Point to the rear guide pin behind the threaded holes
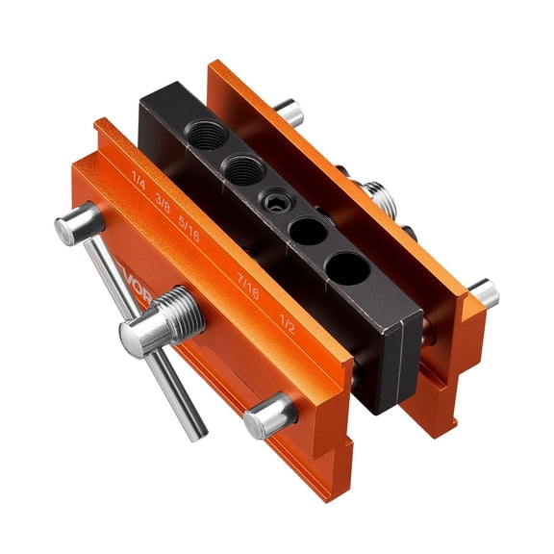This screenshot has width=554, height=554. tap(287, 113)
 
